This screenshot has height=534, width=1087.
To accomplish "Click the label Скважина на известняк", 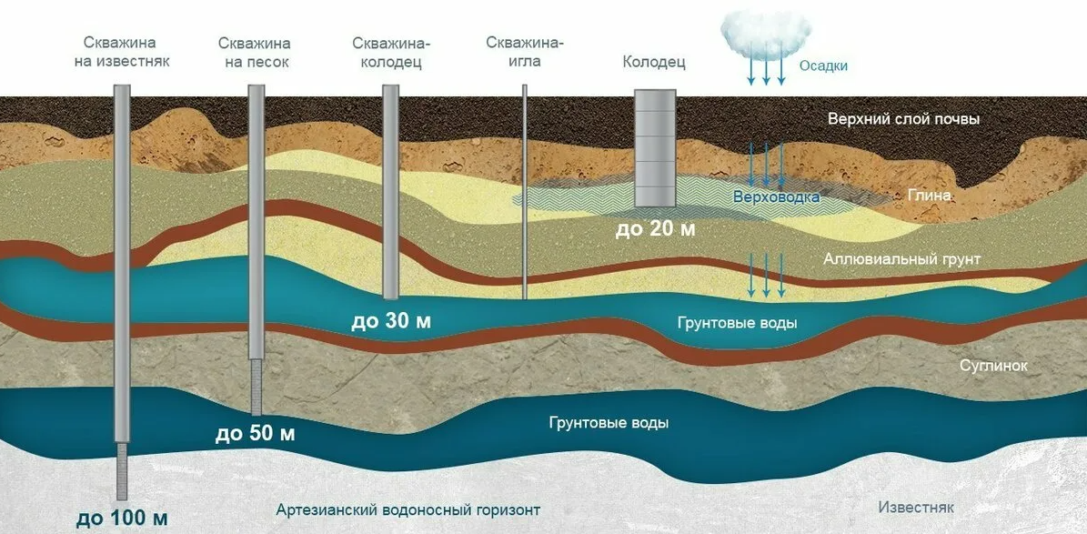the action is pos(120,53).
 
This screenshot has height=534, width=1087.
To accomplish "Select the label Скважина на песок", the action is pos(255,53).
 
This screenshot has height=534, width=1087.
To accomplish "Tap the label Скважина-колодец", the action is pos(390,53).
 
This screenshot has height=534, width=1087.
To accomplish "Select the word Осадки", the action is pos(823,65).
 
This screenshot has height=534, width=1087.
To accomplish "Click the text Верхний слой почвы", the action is pos(902,119).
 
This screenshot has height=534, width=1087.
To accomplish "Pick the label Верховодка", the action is pos(777,197).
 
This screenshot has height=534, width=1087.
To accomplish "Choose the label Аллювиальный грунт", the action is pos(901,260).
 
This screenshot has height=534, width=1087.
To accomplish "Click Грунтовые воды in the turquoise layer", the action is pos(738,323).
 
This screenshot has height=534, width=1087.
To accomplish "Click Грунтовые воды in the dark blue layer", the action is pos(609,423).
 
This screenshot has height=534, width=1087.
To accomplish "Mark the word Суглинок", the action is pos(993,366).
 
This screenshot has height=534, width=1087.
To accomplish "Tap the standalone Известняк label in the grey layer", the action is pos(916,507).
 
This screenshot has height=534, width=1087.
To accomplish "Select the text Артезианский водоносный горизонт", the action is pos(408,509).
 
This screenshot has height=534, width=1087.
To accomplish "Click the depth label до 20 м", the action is pos(655,228).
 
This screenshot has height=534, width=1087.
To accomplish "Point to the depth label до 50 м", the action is pos(255,434).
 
